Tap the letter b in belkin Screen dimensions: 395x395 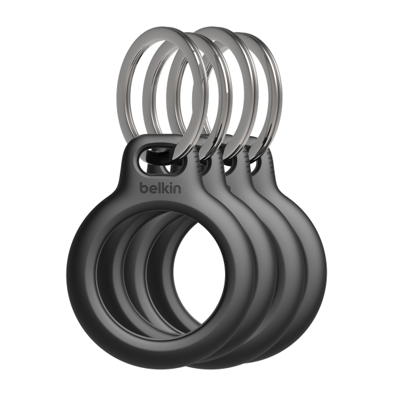(x=144, y=188)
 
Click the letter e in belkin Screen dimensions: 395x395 (x=152, y=189)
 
